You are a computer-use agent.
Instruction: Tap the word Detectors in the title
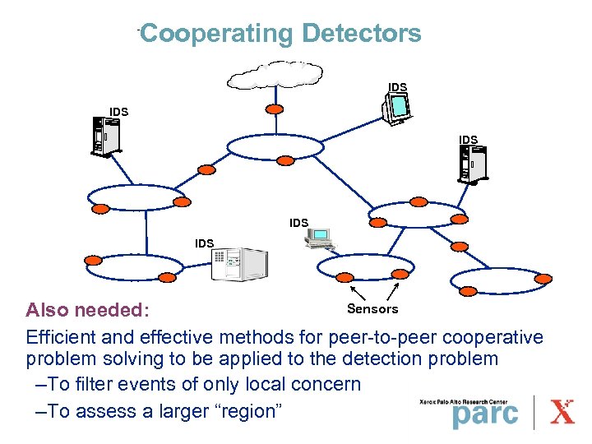[361, 34]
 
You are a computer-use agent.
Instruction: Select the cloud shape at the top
[275, 75]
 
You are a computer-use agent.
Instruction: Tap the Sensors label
[372, 309]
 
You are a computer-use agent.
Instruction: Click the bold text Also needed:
[87, 310]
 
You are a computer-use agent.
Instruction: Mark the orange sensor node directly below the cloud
[275, 109]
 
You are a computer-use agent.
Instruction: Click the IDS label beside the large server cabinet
[204, 243]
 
